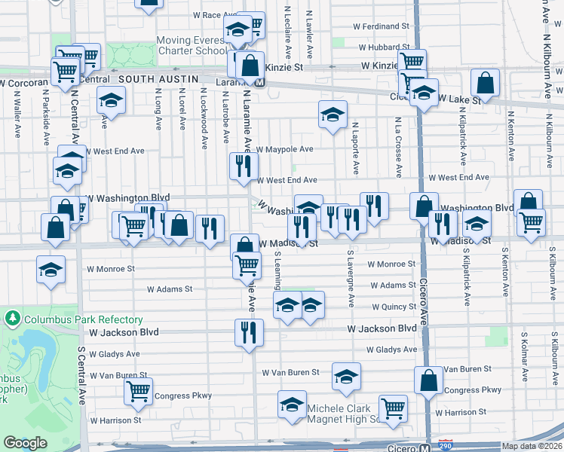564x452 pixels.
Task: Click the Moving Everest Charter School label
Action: pyautogui.click(x=191, y=46)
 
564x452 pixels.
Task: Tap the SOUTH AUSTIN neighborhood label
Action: pyautogui.click(x=158, y=78)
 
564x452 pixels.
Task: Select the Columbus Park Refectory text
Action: pyautogui.click(x=72, y=318)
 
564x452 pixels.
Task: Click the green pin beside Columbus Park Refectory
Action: pyautogui.click(x=11, y=318)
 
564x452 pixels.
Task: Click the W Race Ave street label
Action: pyautogui.click(x=216, y=15)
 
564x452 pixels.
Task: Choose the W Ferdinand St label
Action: pyautogui.click(x=385, y=26)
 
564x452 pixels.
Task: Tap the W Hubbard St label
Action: pyautogui.click(x=388, y=47)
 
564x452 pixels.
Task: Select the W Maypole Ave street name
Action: pyautogui.click(x=284, y=149)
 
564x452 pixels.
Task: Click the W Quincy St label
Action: pyautogui.click(x=393, y=307)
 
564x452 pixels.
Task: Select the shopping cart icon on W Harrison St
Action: pyautogui.click(x=393, y=409)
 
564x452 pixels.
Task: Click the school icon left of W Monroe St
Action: pyautogui.click(x=51, y=269)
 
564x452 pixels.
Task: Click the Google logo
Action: pyautogui.click(x=25, y=443)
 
